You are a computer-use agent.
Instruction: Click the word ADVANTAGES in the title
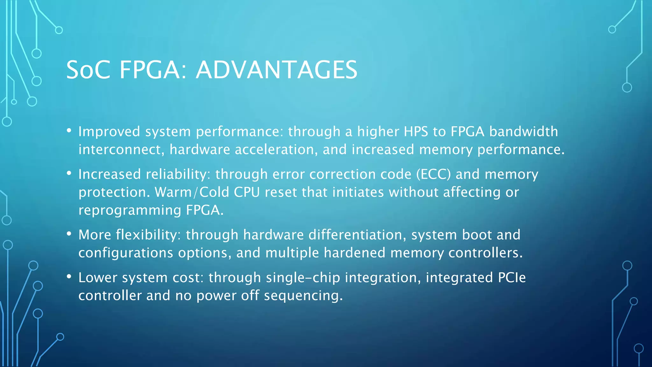pos(276,70)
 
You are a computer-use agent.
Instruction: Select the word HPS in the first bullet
pos(416,132)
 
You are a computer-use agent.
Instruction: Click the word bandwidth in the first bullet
pos(523,132)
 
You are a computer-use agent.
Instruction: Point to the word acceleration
pos(276,150)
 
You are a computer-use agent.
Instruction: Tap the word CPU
pos(247,192)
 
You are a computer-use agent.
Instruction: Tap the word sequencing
pos(303,296)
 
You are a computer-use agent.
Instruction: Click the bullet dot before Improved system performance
pos(69,130)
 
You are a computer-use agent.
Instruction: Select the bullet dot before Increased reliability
pos(69,173)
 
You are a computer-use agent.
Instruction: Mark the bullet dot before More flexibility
pos(69,234)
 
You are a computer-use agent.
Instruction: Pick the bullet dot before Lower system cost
pos(69,276)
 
